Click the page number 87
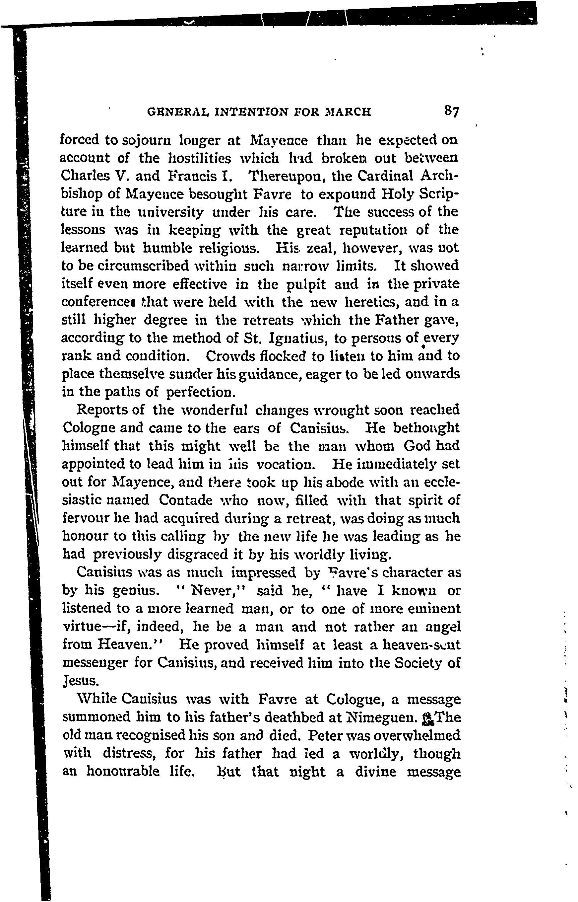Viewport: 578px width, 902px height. coord(452,112)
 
